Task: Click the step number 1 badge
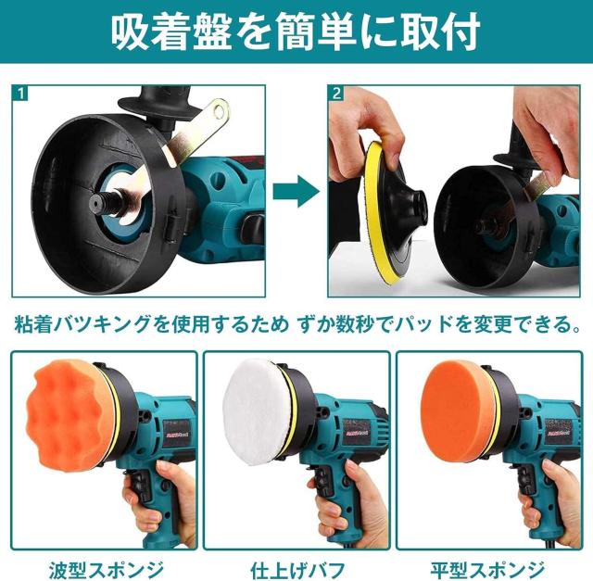tap(20, 93)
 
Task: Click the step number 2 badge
tap(336, 93)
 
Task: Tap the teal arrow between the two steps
tap(296, 192)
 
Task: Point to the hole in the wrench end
tap(219, 110)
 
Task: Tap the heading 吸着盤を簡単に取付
tap(296, 32)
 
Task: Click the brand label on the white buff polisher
tap(358, 426)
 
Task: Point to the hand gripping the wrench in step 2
tap(549, 129)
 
